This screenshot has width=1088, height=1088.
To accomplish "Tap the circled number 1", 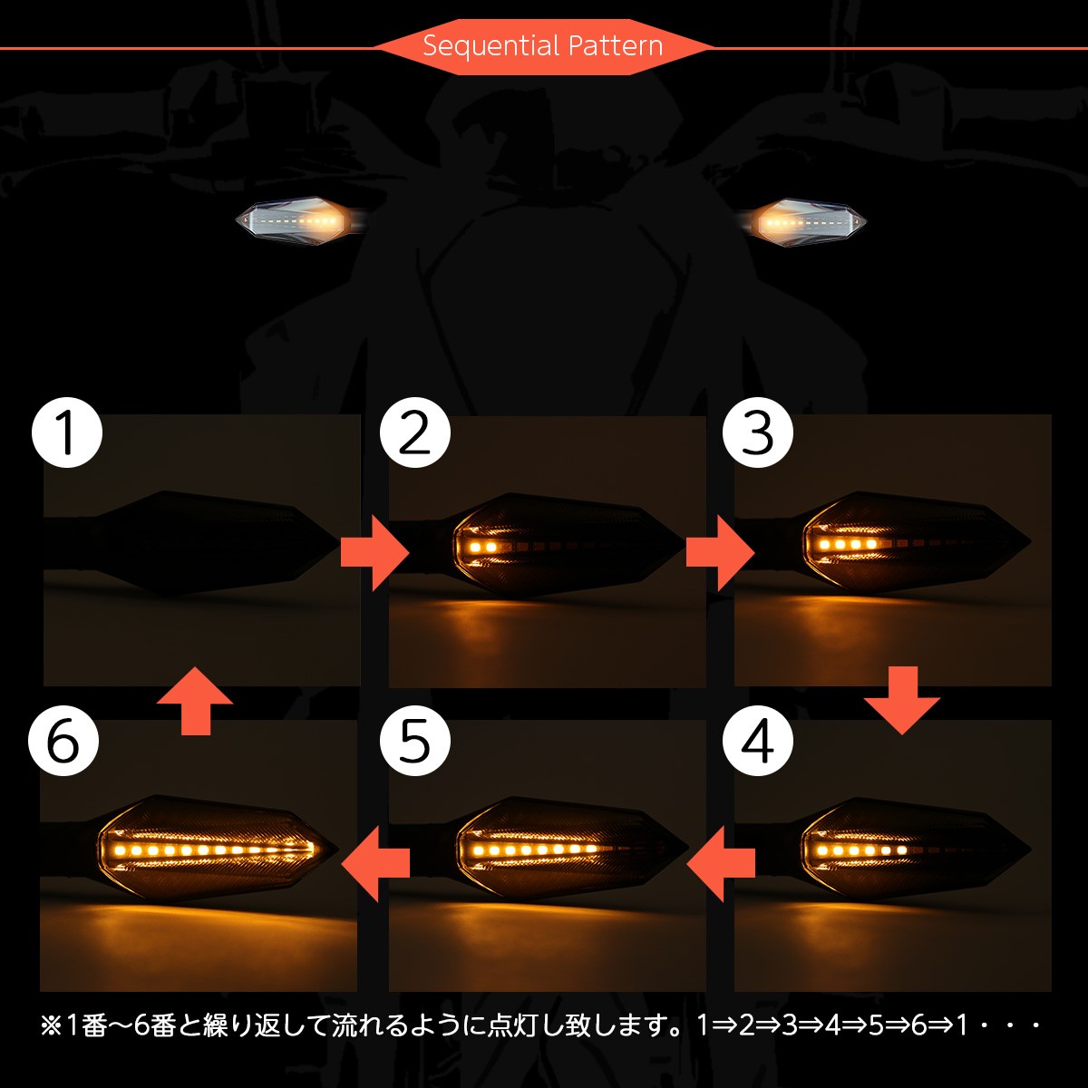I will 67,432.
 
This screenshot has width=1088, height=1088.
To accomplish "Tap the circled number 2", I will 415,432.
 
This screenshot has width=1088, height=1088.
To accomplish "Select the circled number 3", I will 758,432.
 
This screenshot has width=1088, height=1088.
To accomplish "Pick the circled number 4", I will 758,741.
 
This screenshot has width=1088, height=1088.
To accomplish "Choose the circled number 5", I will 415,741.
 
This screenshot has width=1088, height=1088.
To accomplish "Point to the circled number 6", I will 63,741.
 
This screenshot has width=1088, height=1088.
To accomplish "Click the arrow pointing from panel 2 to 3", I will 719,552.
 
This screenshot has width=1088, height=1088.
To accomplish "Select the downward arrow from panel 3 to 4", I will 901,699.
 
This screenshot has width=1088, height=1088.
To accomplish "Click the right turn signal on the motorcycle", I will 807,220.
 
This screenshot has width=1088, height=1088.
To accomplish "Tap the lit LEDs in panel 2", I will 481,548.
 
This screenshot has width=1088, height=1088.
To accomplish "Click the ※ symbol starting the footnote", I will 50,1025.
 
